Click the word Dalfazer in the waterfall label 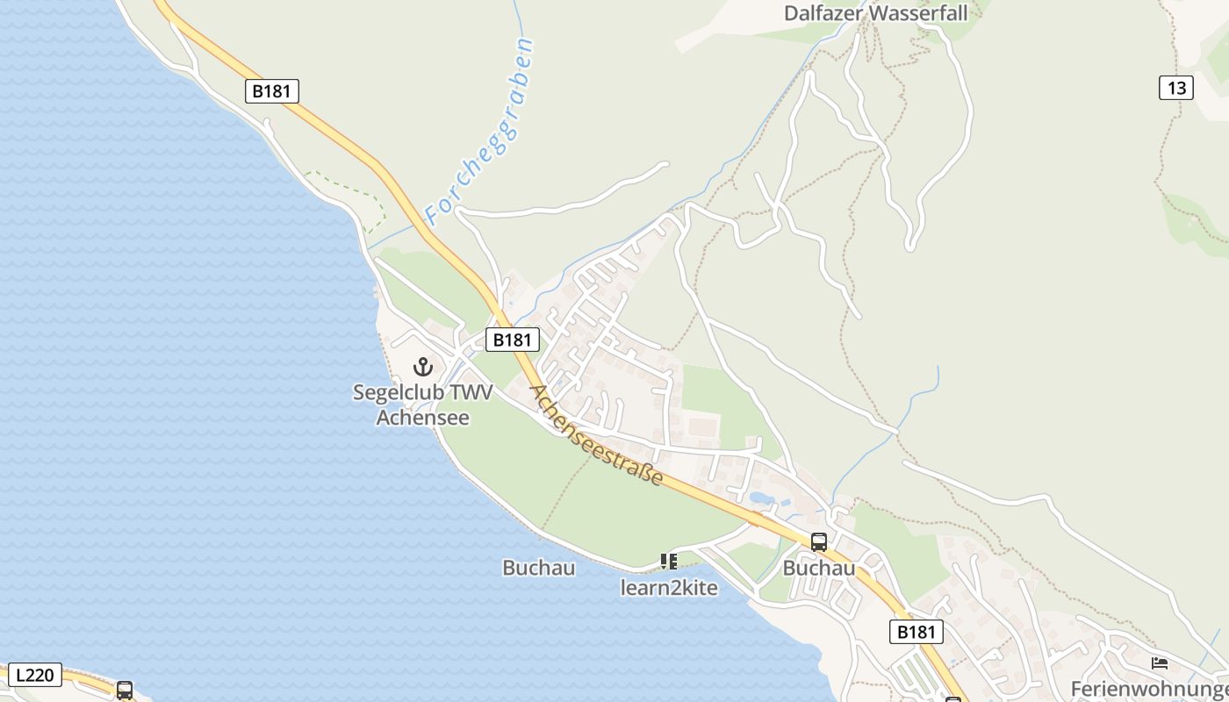click(x=823, y=13)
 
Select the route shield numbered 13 click(x=1176, y=88)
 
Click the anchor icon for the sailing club click(x=424, y=367)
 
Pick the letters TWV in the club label click(x=471, y=392)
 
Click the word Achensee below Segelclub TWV click(x=423, y=417)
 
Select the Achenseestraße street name click(x=597, y=435)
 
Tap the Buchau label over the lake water click(x=539, y=568)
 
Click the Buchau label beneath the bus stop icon click(x=819, y=568)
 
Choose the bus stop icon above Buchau click(x=819, y=542)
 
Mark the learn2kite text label click(x=669, y=588)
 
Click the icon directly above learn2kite click(x=669, y=561)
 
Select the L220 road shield click(x=35, y=675)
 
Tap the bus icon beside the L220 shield click(x=125, y=690)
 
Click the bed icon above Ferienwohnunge click(x=1160, y=663)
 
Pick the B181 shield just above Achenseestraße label click(x=512, y=340)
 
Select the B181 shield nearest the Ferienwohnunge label click(x=916, y=632)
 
